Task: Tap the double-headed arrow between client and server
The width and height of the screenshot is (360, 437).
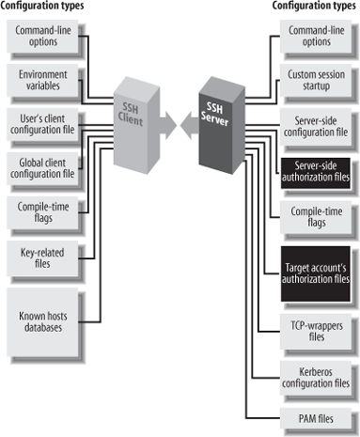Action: click(x=175, y=122)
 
